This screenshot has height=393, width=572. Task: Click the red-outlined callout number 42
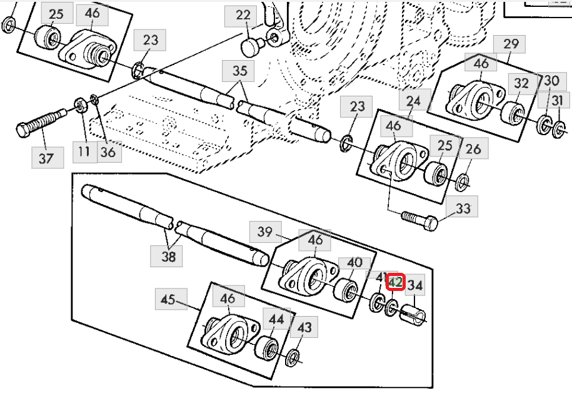tap(396, 282)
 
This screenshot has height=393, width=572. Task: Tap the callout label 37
tap(48, 158)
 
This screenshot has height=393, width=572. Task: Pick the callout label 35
tap(239, 71)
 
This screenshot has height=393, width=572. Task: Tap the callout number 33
tap(462, 208)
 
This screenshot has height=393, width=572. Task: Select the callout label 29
tap(509, 44)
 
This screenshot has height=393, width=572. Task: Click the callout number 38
tap(167, 256)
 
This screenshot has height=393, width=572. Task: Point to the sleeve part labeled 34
tap(413, 315)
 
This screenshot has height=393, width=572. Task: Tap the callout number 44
tap(276, 319)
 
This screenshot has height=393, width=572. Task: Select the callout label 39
tap(266, 231)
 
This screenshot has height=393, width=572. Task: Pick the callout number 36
tap(108, 151)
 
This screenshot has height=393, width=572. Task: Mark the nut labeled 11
tap(80, 105)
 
